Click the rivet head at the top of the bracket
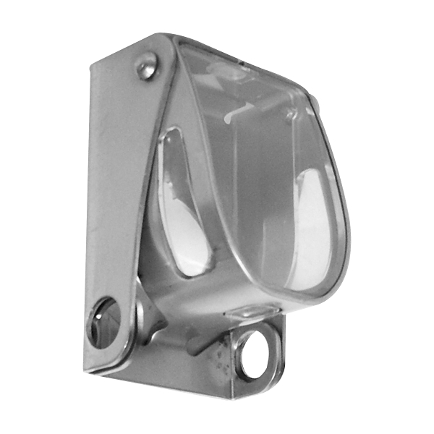tap(148, 67)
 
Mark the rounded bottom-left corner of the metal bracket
tap(90, 365)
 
